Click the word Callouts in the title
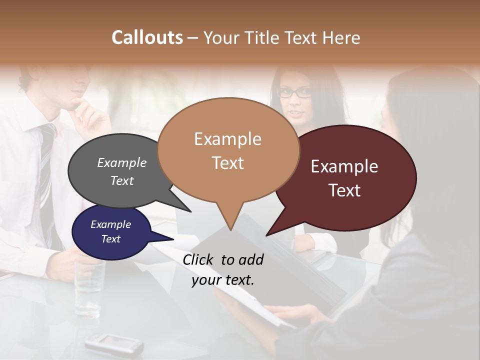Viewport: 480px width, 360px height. point(147,37)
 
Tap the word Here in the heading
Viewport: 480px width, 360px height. point(341,37)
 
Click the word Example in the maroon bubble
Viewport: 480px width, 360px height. point(344,166)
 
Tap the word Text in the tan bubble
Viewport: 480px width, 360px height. point(228,163)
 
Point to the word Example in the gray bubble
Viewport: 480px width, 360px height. point(122,162)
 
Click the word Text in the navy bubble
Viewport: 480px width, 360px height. point(111,239)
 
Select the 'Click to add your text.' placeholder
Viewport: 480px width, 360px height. point(223,270)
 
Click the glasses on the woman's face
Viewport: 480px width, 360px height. point(294,92)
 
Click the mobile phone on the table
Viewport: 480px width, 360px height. point(114,343)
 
